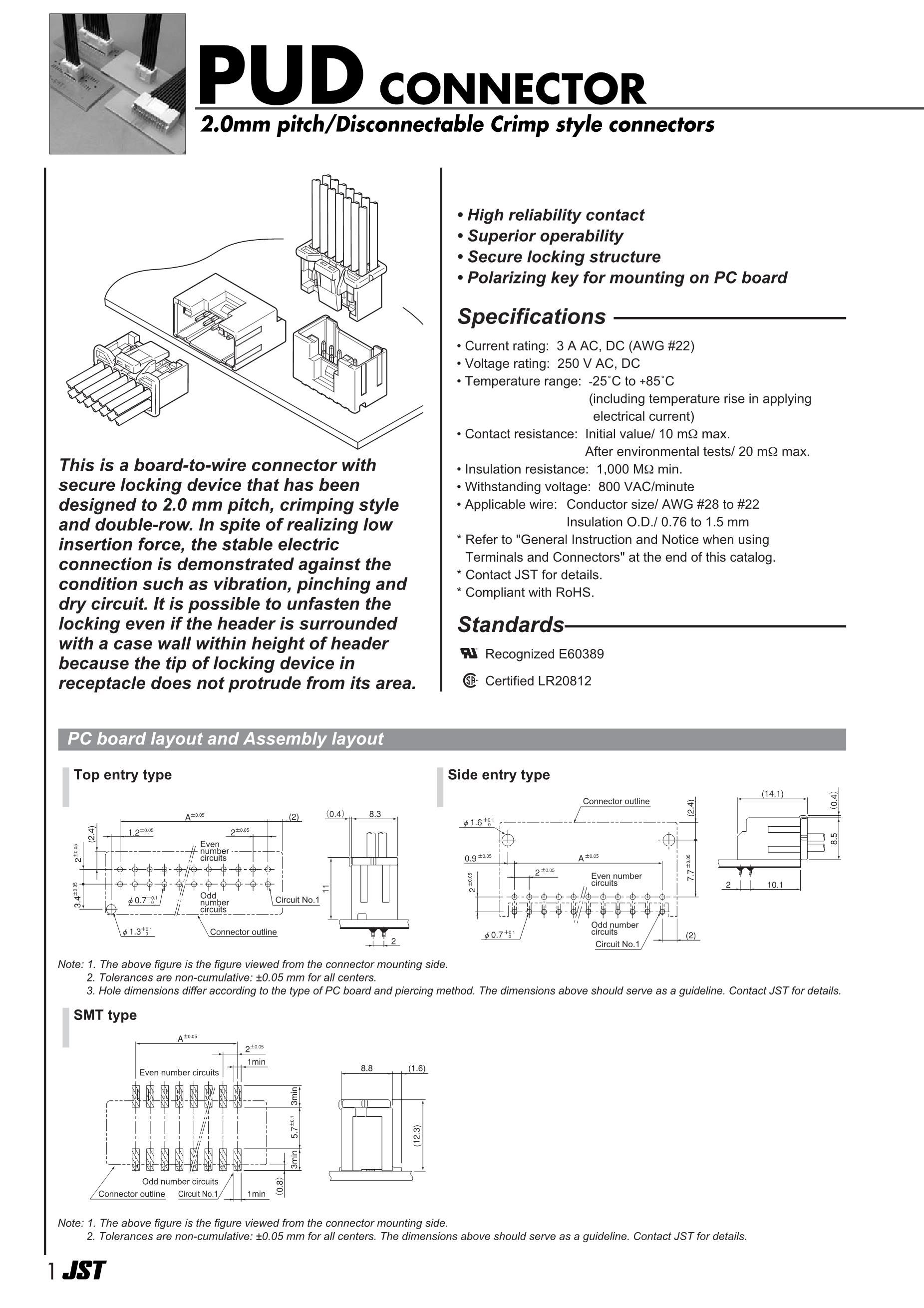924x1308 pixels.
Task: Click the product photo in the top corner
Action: pos(117,84)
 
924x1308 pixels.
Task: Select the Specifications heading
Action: pos(532,317)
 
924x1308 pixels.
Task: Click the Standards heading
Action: pos(511,625)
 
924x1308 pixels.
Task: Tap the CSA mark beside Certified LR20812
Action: pos(469,681)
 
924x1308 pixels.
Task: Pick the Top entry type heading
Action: pos(122,775)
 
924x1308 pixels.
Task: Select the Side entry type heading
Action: pos(499,775)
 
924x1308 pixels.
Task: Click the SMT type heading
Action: pos(105,1015)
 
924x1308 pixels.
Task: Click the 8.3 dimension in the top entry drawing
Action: pos(375,814)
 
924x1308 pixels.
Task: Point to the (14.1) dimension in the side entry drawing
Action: pos(772,794)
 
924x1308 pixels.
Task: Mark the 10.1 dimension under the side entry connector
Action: pos(775,885)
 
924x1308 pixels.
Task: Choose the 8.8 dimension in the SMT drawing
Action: pos(366,1068)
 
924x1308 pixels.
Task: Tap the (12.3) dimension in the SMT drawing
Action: pos(417,1136)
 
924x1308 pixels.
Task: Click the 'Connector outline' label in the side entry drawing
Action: pos(616,801)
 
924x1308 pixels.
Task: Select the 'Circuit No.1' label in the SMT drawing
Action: pos(198,1194)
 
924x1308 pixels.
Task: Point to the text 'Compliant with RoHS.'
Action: pos(529,593)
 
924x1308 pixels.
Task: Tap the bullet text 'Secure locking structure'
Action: pos(564,257)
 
